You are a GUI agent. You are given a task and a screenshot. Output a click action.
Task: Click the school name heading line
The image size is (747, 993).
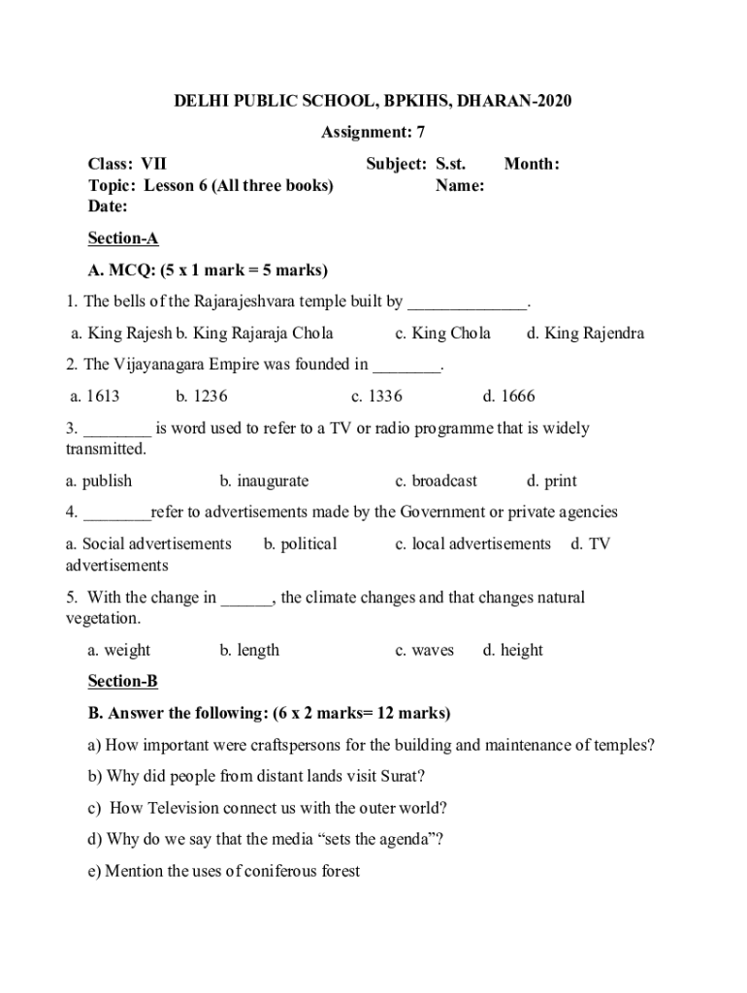(x=373, y=101)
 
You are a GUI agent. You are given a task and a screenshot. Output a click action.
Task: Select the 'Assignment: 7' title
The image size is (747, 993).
(x=373, y=132)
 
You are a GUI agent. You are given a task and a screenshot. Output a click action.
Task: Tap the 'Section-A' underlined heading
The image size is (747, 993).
(x=123, y=239)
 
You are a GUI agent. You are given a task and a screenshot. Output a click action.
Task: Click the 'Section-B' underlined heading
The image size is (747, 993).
(x=123, y=682)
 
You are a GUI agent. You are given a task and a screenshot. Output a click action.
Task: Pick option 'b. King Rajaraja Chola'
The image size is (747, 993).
(x=254, y=334)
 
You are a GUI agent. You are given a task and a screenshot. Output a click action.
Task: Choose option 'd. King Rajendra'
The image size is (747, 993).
(x=585, y=334)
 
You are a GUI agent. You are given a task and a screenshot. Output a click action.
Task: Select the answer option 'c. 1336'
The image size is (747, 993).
(x=376, y=396)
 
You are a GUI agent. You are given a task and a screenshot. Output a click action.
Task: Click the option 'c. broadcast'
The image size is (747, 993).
(x=436, y=481)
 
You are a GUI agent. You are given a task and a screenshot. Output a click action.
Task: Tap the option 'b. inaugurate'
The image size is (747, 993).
(x=264, y=481)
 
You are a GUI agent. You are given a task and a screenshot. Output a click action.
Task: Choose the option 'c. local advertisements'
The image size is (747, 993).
(x=472, y=544)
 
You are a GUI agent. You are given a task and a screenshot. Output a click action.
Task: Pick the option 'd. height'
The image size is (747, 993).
(x=512, y=651)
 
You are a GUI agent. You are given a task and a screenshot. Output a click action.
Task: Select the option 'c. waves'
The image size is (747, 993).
(x=424, y=651)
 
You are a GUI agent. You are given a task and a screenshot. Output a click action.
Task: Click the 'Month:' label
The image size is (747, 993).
(x=532, y=165)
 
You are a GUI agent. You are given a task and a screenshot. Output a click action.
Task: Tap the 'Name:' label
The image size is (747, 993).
(x=460, y=185)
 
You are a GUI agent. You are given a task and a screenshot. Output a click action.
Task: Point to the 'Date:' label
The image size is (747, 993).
(x=108, y=207)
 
